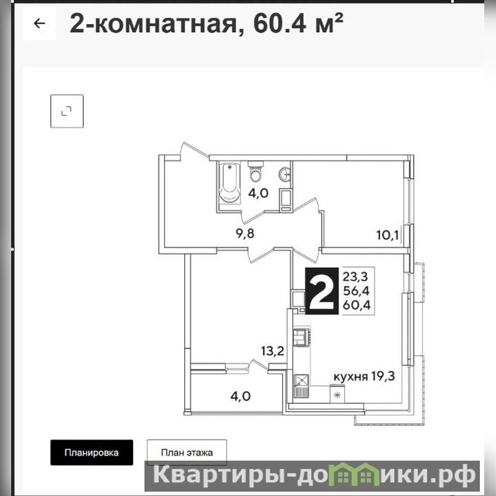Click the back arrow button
click(40, 24)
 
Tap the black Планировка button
click(91, 453)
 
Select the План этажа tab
click(187, 453)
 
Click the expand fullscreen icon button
click(67, 111)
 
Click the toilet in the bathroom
click(255, 171)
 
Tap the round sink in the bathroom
click(285, 174)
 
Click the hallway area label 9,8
click(245, 234)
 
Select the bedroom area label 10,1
click(387, 235)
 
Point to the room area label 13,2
click(273, 351)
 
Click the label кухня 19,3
click(364, 377)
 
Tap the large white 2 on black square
click(321, 291)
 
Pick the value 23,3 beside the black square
click(355, 277)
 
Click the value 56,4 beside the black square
click(356, 291)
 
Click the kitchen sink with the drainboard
click(301, 386)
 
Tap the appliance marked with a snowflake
click(338, 394)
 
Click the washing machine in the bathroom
click(286, 200)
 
